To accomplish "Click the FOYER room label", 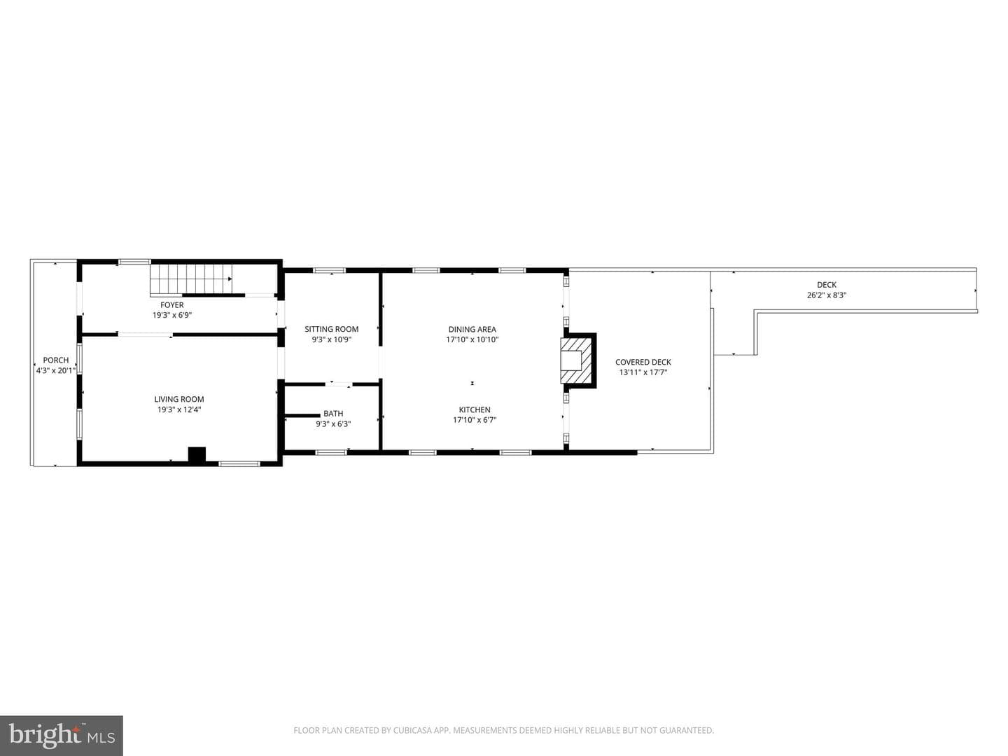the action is pyautogui.click(x=171, y=304).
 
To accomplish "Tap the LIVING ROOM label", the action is pyautogui.click(x=179, y=399).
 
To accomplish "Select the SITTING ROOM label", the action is pyautogui.click(x=332, y=329).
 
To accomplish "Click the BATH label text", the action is pyautogui.click(x=333, y=414).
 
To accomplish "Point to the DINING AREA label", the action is pyautogui.click(x=472, y=329).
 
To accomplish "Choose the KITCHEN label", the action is pyautogui.click(x=475, y=409).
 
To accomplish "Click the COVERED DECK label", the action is pyautogui.click(x=643, y=362).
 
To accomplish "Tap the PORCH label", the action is pyautogui.click(x=56, y=360).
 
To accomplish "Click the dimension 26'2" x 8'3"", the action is pyautogui.click(x=827, y=295).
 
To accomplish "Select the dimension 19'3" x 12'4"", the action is pyautogui.click(x=179, y=409).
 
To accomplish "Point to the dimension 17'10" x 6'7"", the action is pyautogui.click(x=475, y=419).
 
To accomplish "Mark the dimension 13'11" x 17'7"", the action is pyautogui.click(x=643, y=372).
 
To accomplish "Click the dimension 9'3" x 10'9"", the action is pyautogui.click(x=332, y=339).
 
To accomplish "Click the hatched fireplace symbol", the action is pyautogui.click(x=576, y=360).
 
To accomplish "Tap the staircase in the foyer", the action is pyautogui.click(x=191, y=279).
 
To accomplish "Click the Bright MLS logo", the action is pyautogui.click(x=61, y=735).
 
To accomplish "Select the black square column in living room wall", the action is pyautogui.click(x=197, y=454).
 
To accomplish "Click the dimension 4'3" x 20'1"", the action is pyautogui.click(x=56, y=370).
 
